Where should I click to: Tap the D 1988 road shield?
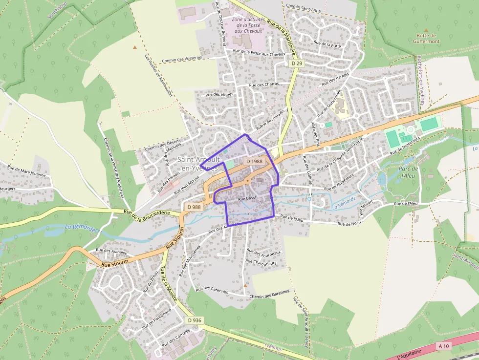(x=254, y=161)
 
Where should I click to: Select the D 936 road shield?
(x=194, y=320)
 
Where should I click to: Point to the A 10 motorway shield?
(x=443, y=346)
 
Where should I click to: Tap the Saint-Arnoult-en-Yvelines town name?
(x=199, y=164)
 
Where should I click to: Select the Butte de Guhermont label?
(x=426, y=38)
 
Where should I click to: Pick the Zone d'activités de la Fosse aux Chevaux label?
(x=249, y=25)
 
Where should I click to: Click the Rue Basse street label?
(x=247, y=199)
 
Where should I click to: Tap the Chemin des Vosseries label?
(x=181, y=58)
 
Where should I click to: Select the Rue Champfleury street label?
(x=261, y=262)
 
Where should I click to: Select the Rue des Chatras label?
(x=264, y=85)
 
